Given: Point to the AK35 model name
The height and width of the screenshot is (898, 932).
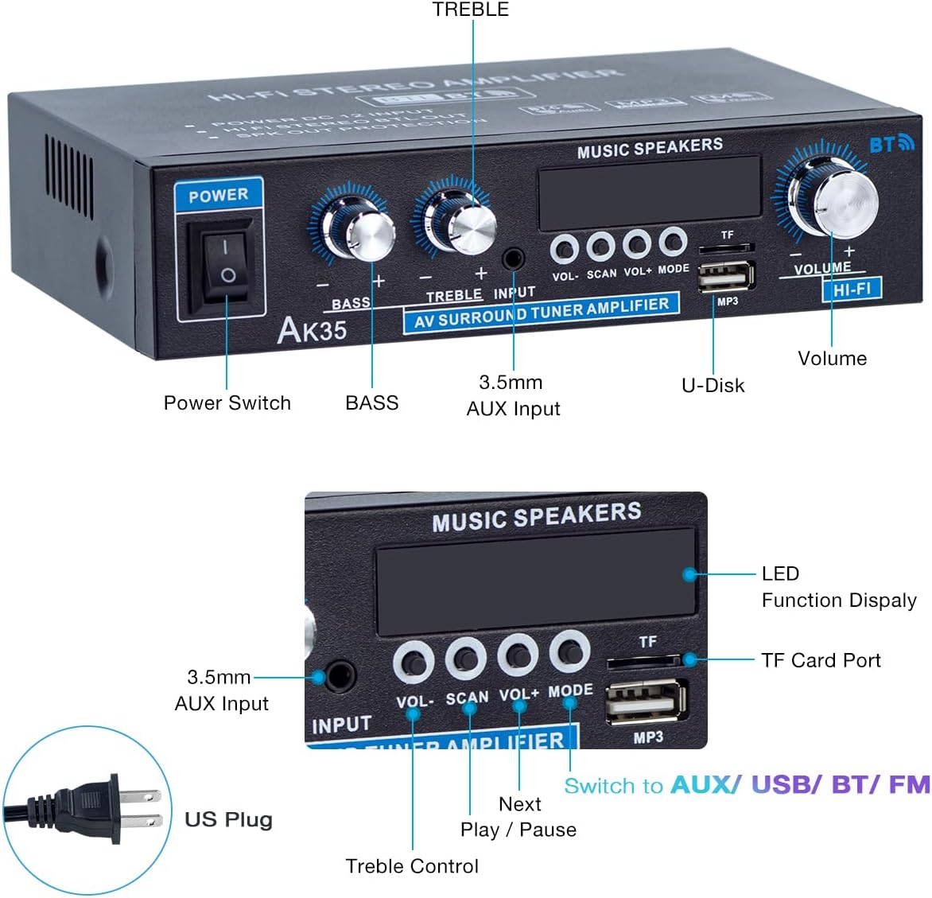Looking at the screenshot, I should (312, 328).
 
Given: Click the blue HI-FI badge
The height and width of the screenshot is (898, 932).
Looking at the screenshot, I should (852, 290).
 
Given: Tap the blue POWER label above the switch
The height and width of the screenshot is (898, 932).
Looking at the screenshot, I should (218, 195).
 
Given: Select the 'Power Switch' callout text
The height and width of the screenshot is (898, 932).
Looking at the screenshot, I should (227, 403).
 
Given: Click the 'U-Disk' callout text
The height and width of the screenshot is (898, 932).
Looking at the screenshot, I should (713, 386).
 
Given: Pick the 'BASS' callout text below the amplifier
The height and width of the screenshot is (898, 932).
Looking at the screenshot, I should (371, 403).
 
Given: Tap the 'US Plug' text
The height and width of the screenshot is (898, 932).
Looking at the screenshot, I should (228, 819).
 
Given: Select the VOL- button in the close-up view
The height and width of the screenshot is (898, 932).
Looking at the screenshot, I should (414, 662).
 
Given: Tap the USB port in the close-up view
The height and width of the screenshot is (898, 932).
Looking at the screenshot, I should (647, 702).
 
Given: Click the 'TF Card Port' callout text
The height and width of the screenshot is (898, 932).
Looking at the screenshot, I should (821, 660).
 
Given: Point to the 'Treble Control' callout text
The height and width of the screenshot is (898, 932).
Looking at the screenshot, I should (412, 866).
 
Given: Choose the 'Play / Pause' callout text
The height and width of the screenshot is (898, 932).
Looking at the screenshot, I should (518, 830).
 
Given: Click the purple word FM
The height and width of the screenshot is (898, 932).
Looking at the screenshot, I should (909, 785).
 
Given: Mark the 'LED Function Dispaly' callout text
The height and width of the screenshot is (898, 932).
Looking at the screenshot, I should (838, 587).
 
